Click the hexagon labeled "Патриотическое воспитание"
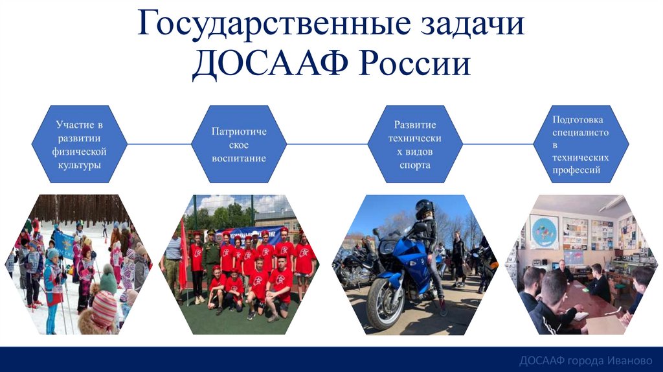[x=239, y=145]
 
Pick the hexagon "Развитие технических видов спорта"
[x=415, y=145]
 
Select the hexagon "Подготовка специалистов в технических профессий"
[x=581, y=145]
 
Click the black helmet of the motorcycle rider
[x=424, y=209]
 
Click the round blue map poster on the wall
[x=544, y=231]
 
